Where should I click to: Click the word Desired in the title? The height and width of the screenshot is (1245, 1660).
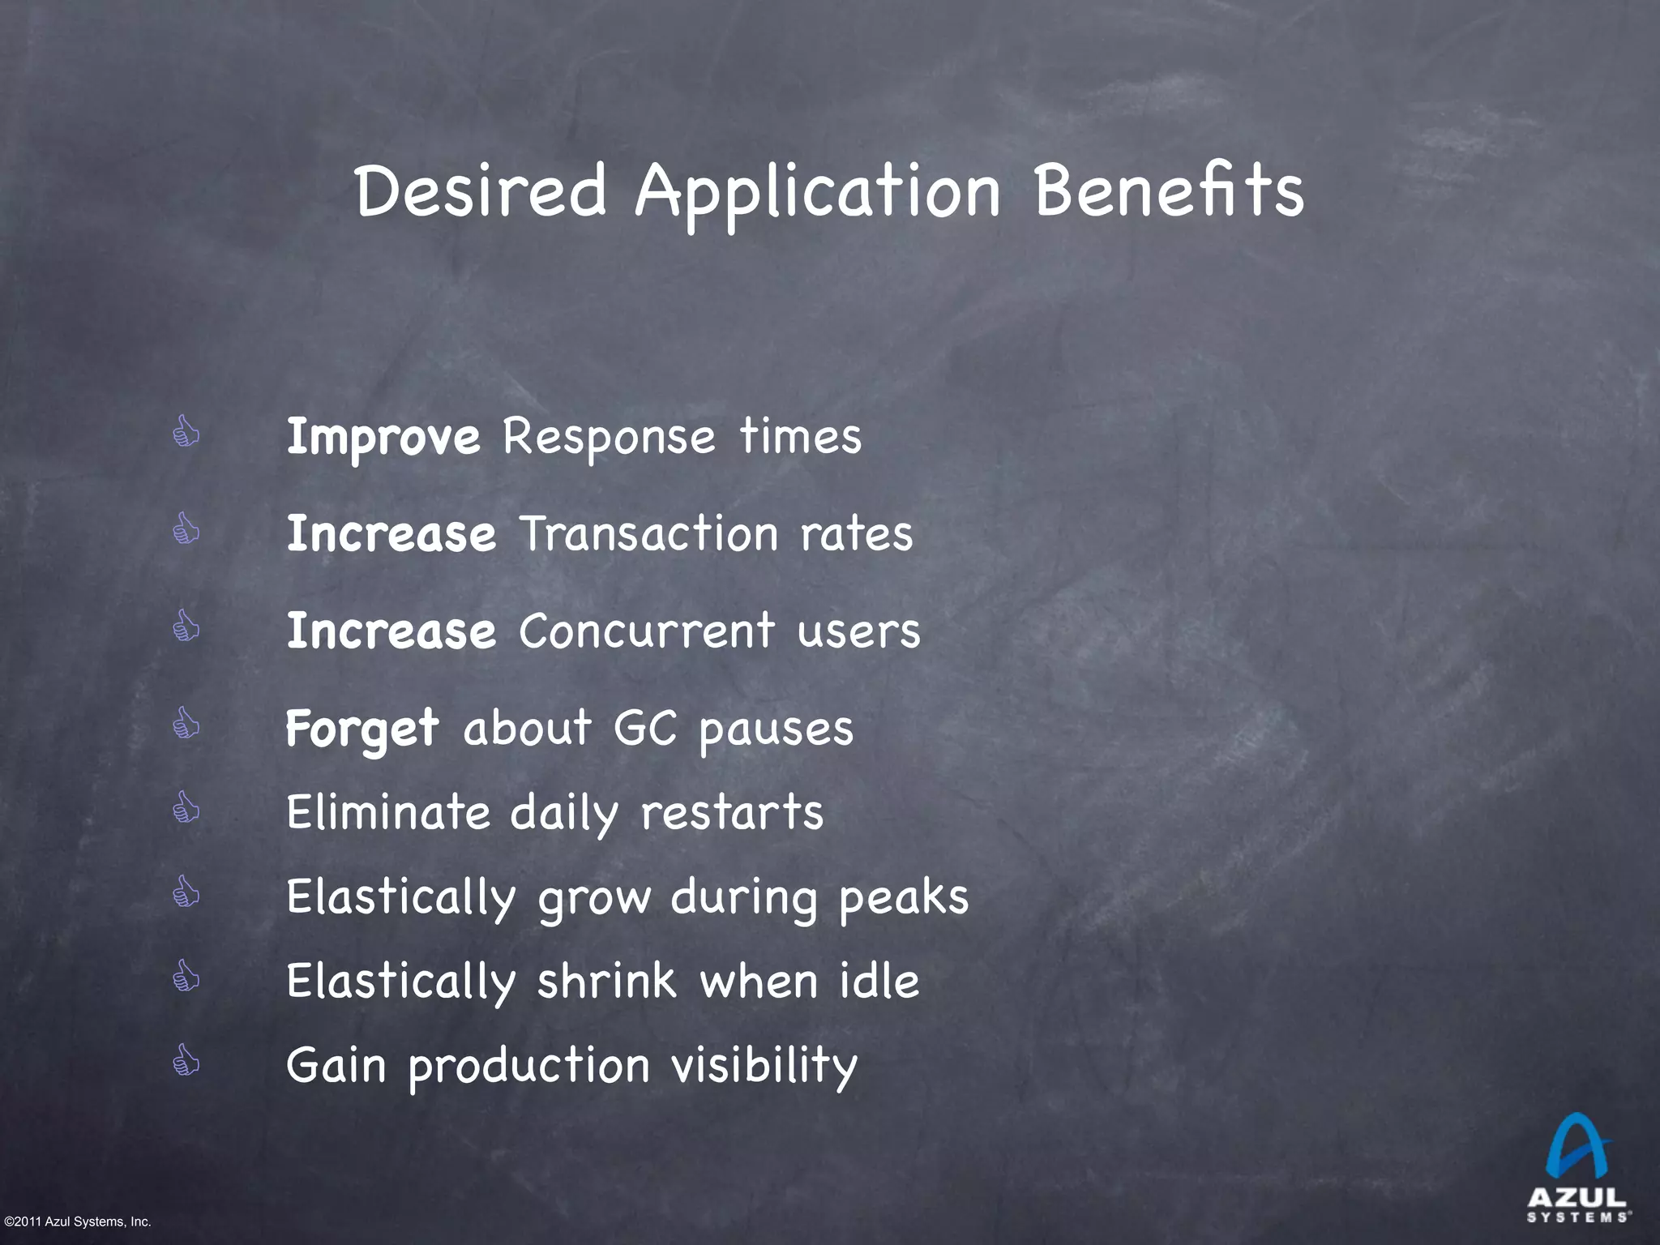coord(481,191)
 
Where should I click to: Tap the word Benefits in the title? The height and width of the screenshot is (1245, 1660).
coord(1169,191)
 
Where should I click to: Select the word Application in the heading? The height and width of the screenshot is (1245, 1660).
coord(818,195)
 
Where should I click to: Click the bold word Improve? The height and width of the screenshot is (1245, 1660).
coord(383,438)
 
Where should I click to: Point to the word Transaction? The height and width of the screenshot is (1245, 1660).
coord(648,534)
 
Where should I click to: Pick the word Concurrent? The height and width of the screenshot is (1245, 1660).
coord(646,631)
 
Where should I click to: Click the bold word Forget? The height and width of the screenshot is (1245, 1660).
coord(362,729)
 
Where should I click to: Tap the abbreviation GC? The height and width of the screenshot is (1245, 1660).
coord(645,728)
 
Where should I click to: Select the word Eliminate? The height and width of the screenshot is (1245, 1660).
coord(388,812)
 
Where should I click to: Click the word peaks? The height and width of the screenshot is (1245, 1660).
coord(904,898)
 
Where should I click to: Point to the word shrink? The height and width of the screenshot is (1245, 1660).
coord(606,982)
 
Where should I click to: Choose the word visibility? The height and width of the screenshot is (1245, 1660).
coord(764,1066)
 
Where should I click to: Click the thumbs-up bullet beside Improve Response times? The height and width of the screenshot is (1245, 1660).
coord(186,432)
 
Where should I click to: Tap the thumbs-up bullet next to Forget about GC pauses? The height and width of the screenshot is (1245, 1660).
coord(186,723)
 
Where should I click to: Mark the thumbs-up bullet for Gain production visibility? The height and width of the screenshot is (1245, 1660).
coord(186,1059)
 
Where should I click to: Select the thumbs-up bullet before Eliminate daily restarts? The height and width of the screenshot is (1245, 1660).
coord(186,807)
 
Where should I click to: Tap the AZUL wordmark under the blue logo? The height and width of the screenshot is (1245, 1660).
coord(1577,1197)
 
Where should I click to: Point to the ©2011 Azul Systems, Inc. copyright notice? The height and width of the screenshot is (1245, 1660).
coord(78,1221)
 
